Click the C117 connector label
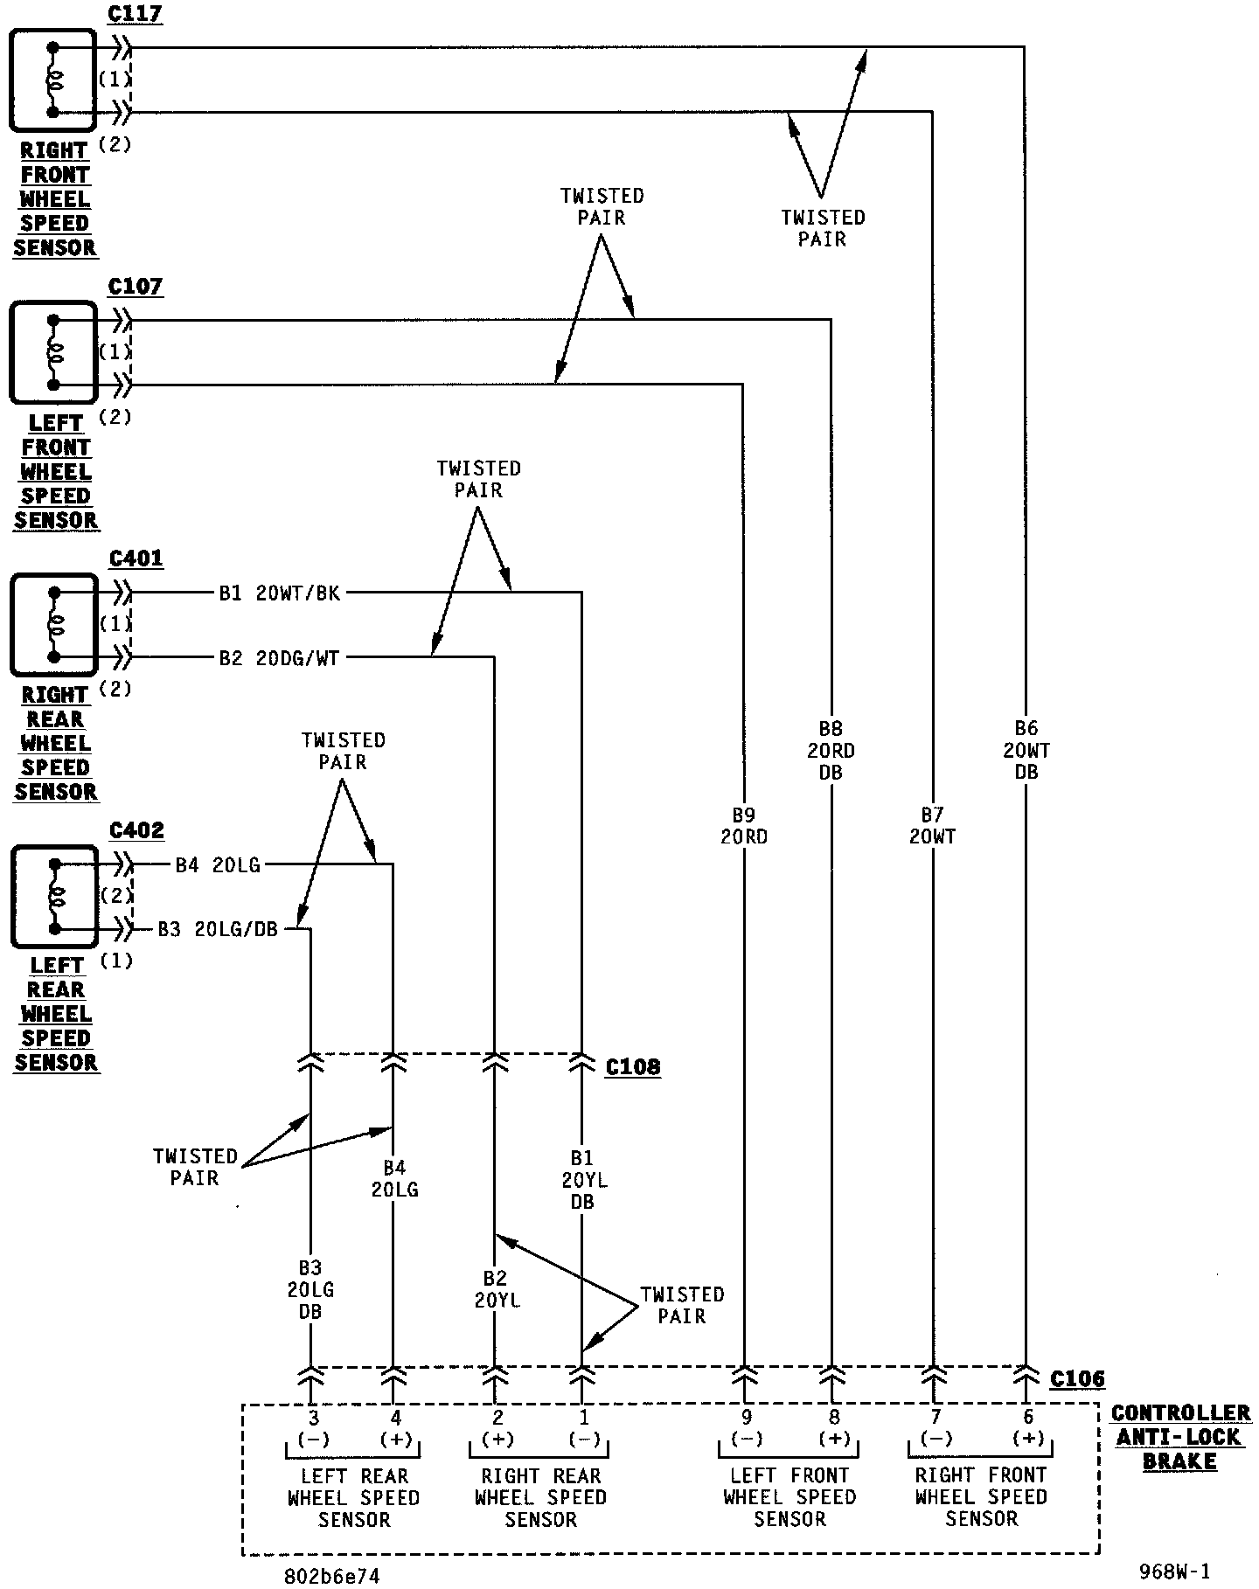(135, 15)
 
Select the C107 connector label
(136, 287)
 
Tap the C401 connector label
(136, 559)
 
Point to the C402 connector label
(136, 830)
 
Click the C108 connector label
(633, 1067)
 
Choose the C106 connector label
(1077, 1379)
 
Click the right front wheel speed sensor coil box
(52, 80)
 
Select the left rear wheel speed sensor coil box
(54, 896)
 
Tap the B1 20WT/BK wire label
(280, 594)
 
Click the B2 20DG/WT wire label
(279, 658)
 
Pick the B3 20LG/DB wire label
(218, 929)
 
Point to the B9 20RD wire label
(744, 826)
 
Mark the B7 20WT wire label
(933, 826)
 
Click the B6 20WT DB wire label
(1026, 750)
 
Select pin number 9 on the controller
(746, 1418)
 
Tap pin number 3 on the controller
(312, 1418)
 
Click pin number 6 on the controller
(1028, 1418)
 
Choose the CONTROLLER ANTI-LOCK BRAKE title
(1180, 1438)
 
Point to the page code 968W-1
(1174, 1571)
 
